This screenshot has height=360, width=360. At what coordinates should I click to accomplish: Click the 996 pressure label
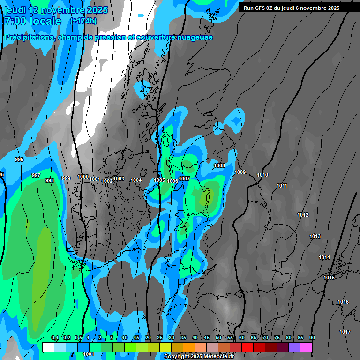point(19,160)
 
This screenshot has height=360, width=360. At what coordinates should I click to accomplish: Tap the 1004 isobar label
point(136,180)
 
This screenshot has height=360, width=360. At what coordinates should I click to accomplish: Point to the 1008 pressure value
point(219,165)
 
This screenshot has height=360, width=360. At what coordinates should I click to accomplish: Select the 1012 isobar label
point(303,215)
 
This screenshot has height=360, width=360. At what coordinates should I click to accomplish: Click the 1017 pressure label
point(345,332)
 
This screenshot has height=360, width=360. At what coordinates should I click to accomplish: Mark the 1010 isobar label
point(262,175)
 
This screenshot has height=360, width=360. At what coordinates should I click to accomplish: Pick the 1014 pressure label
point(324,257)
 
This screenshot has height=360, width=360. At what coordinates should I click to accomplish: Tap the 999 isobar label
point(66,178)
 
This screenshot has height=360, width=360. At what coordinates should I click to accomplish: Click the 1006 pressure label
point(172,181)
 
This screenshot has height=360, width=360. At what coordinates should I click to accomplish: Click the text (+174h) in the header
point(83,21)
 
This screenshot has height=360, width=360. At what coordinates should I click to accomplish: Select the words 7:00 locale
point(33,21)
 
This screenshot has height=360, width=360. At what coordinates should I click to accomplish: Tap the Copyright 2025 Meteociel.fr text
point(199,356)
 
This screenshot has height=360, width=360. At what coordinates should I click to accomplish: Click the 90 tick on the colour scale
point(312,337)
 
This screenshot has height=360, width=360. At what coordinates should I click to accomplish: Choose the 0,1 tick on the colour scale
point(55,337)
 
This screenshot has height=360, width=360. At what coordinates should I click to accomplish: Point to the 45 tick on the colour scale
point(207,337)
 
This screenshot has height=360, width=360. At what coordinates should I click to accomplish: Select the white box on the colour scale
point(48,347)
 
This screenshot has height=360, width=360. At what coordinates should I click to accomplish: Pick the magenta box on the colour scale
point(306,347)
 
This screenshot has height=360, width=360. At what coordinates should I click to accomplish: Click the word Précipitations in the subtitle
point(29,37)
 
